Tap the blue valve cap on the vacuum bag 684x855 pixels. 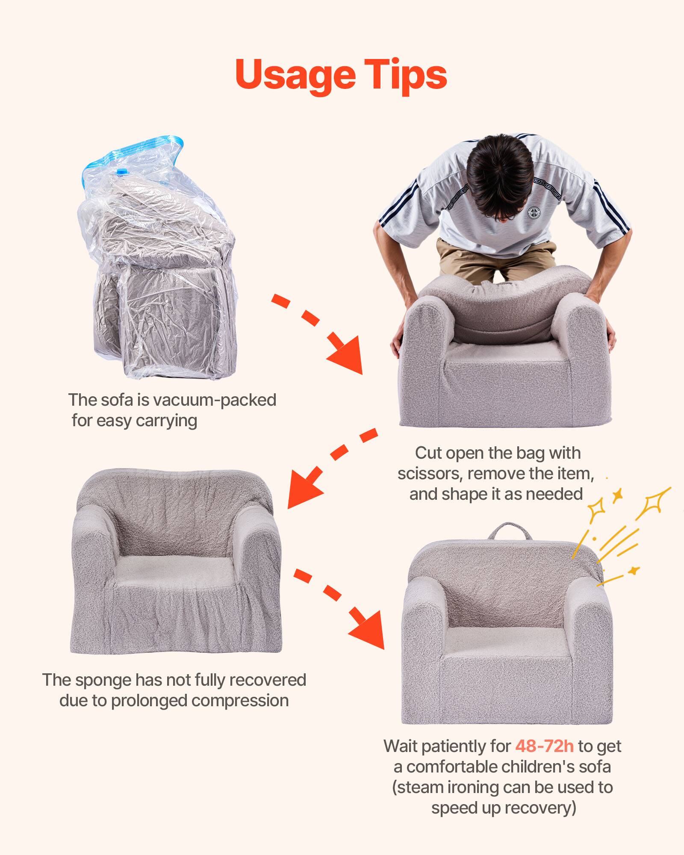coord(122,172)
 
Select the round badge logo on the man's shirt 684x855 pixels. coord(534,212)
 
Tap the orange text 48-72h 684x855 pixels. coord(544,746)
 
